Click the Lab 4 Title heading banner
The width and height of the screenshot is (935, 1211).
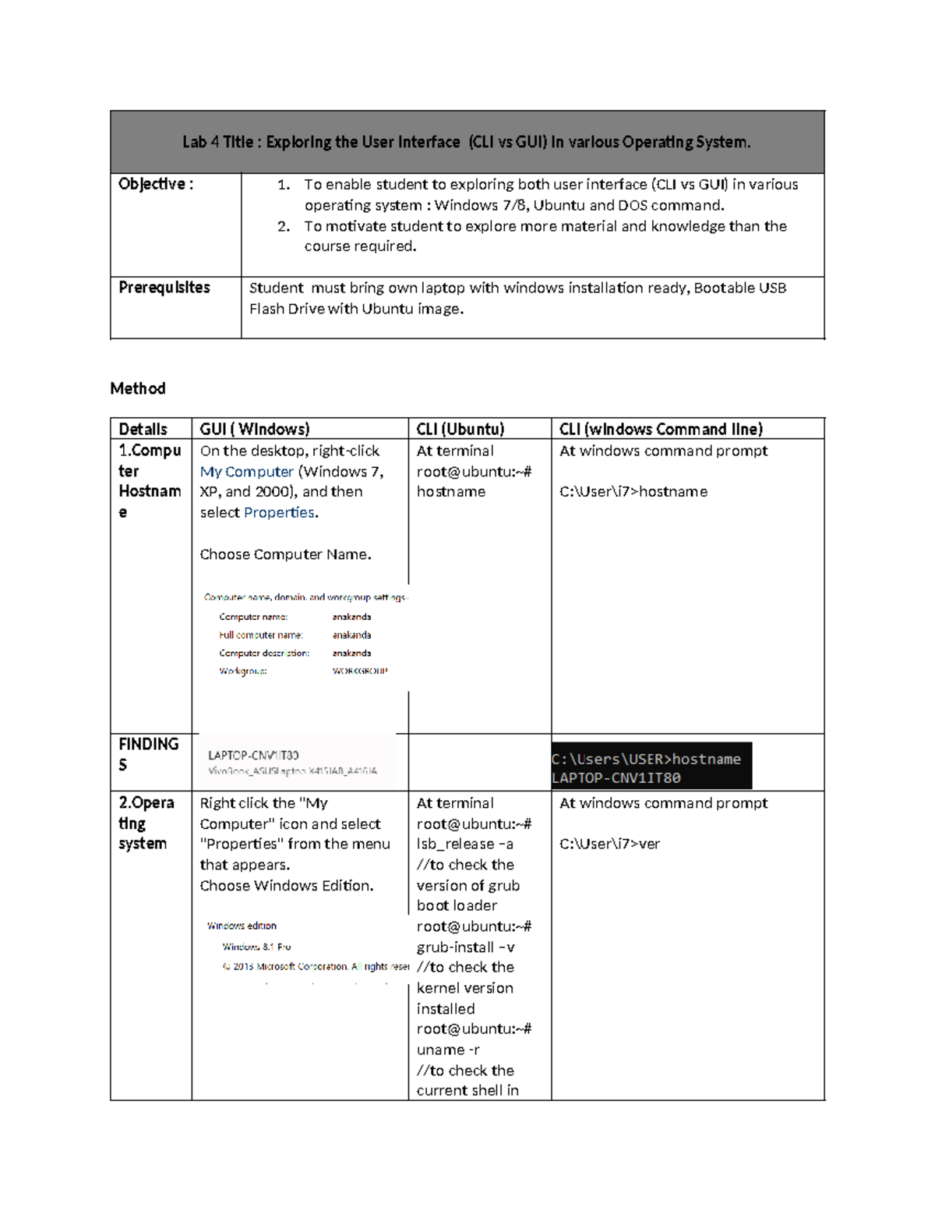[467, 142]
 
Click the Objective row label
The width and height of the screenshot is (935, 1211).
[155, 184]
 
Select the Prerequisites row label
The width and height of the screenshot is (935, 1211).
[164, 288]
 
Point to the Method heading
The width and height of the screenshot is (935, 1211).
[138, 388]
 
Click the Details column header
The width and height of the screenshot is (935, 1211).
[143, 429]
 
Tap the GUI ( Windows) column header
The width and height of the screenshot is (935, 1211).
[255, 429]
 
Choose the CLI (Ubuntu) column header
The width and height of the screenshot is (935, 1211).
[460, 429]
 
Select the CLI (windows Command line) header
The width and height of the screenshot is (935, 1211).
[661, 429]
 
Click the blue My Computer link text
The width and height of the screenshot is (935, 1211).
[246, 472]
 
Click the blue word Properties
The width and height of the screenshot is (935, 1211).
[279, 512]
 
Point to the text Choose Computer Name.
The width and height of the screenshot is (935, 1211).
[285, 554]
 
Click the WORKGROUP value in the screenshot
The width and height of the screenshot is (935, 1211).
[359, 671]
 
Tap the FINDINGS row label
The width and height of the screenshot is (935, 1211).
[148, 754]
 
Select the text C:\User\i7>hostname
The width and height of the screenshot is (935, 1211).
[633, 492]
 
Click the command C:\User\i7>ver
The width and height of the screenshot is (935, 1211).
[609, 844]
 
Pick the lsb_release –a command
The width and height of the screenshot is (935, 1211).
[464, 844]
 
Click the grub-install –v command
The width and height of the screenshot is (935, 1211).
[465, 947]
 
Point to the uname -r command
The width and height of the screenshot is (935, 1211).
[448, 1050]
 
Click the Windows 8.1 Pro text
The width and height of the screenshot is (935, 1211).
[256, 947]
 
